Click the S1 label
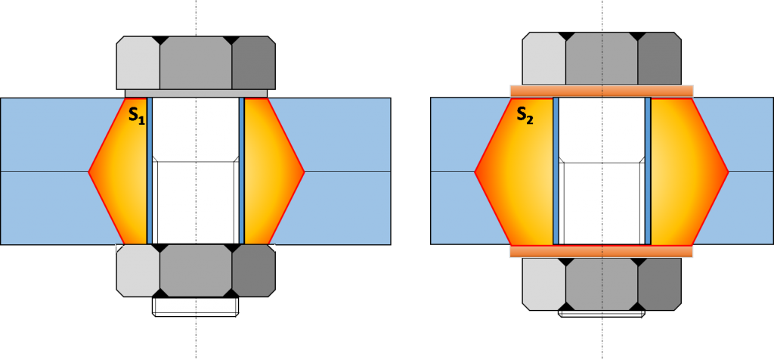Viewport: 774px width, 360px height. pos(137,116)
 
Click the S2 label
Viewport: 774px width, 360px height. pos(525,115)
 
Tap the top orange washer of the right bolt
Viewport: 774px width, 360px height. pos(602,91)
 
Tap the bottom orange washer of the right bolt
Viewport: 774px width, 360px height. pos(602,251)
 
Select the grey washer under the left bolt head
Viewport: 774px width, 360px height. pos(196,94)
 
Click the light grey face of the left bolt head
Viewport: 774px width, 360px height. pos(138,63)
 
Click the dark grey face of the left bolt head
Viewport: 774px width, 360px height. pos(253,63)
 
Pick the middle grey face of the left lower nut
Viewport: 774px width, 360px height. pos(196,270)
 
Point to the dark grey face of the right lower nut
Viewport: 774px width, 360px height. pos(659,284)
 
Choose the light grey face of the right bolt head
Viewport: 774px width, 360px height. pos(543,58)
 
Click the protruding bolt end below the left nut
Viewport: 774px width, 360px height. pos(196,306)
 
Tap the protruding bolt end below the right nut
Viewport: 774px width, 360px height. pos(602,312)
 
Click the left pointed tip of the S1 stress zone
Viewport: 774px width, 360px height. pos(90,172)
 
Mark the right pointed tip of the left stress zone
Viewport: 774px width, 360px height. pos(303,172)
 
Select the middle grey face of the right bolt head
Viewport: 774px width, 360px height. pos(602,58)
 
